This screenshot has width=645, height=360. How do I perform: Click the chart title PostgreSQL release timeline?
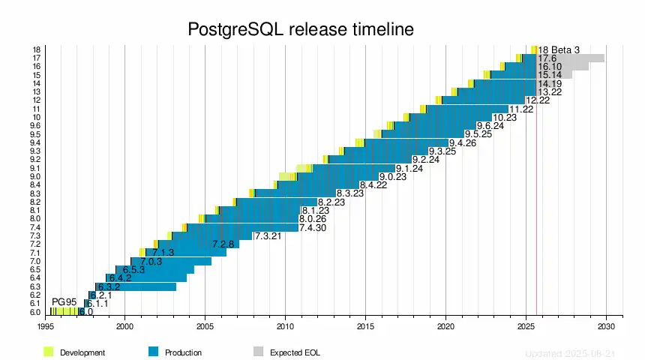click(300, 30)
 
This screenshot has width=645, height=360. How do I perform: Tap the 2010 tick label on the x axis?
click(285, 326)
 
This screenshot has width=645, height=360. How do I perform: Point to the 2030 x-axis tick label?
click(606, 326)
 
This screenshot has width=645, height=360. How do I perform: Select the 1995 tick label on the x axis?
click(45, 326)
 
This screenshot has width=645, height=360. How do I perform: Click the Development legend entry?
click(82, 352)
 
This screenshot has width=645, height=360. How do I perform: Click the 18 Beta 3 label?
click(559, 49)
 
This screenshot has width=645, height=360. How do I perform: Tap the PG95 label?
click(64, 302)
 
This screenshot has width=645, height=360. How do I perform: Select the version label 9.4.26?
click(463, 142)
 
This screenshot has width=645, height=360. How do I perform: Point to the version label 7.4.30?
click(313, 227)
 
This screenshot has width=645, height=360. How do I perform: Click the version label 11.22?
click(521, 109)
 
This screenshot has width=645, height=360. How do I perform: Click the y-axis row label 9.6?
click(35, 125)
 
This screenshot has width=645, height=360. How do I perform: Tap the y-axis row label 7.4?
click(35, 227)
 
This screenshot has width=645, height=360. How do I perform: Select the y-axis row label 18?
click(37, 49)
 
